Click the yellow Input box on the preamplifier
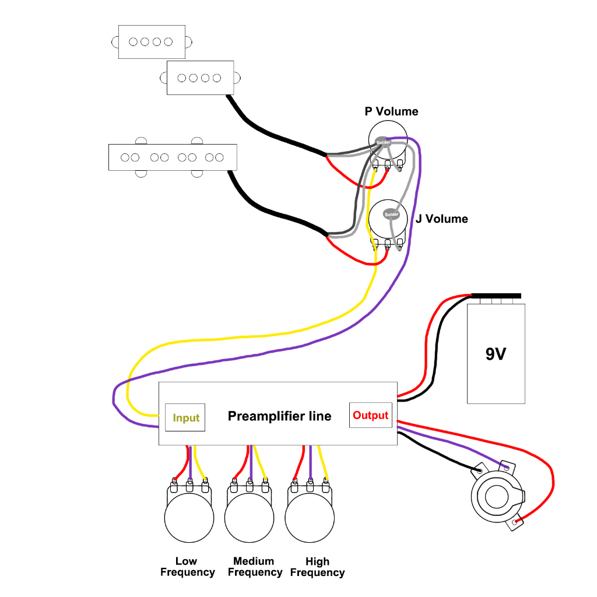[x=185, y=417]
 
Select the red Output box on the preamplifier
[x=370, y=415]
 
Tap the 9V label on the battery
[x=496, y=354]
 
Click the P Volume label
[x=391, y=111]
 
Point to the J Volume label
[x=441, y=219]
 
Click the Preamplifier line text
[x=279, y=416]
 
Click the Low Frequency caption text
[x=187, y=567]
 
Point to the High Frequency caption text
[x=317, y=567]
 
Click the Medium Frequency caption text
[x=254, y=567]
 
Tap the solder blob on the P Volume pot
[x=383, y=142]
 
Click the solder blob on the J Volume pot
[x=391, y=214]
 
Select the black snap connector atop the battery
[x=496, y=296]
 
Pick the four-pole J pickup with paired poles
[x=173, y=157]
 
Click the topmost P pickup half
[x=152, y=41]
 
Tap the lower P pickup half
[x=201, y=78]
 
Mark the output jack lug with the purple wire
[x=506, y=468]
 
